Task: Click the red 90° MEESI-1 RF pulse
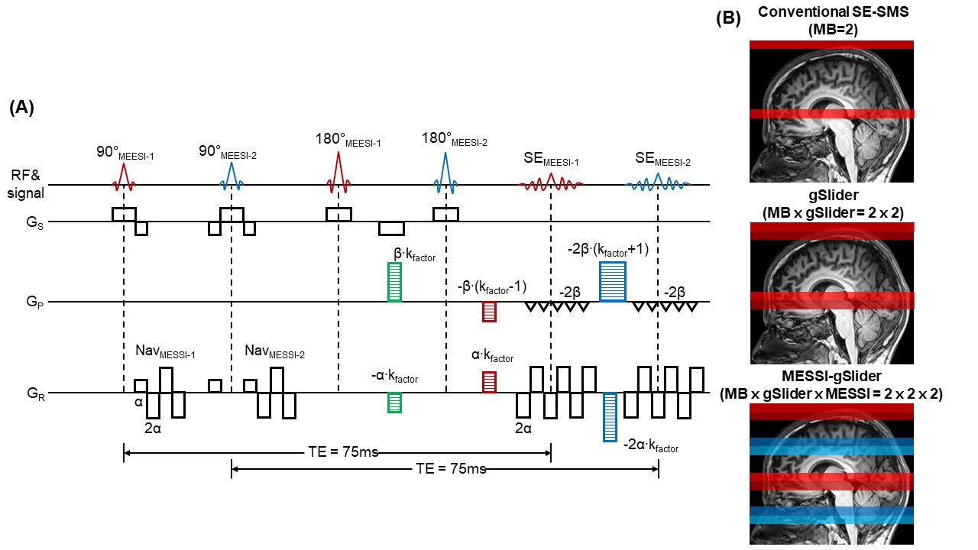(123, 177)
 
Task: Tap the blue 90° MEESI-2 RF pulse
(230, 177)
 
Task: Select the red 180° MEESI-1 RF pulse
(338, 172)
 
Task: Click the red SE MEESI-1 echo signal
(551, 183)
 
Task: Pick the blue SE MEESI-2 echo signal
(658, 183)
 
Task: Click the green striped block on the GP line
(394, 282)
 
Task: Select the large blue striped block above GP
(613, 281)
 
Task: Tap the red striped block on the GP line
(490, 312)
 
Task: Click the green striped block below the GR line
(394, 403)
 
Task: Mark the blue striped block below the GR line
(610, 417)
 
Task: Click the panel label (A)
(21, 108)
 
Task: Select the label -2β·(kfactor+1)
(603, 248)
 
